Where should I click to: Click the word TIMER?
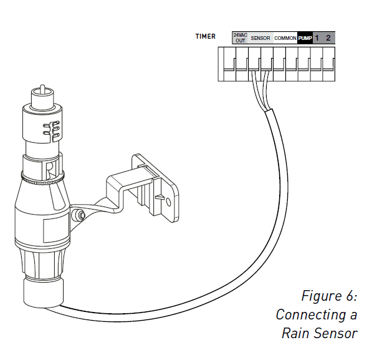click(206, 37)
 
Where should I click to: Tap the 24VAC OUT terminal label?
click(240, 37)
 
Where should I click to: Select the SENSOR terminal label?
click(260, 38)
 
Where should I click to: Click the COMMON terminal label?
click(285, 38)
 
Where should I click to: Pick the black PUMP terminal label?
click(305, 38)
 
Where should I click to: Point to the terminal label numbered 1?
click(317, 38)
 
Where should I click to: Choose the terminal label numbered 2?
click(329, 38)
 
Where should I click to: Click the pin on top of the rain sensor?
click(42, 89)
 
